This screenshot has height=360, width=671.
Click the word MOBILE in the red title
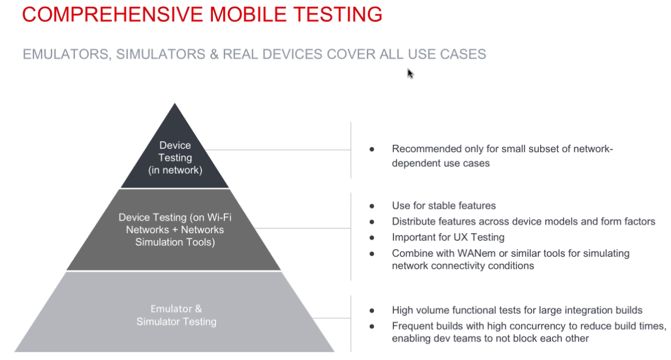click(248, 14)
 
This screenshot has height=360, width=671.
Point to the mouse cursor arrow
click(410, 74)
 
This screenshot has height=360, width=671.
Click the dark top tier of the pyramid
click(175, 154)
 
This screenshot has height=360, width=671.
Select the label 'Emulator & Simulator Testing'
click(177, 315)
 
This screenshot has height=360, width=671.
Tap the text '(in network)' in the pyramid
click(175, 170)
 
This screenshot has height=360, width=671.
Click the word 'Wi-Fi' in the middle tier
click(219, 217)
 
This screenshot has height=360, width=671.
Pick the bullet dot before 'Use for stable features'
click(372, 206)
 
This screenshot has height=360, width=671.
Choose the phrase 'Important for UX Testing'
click(448, 237)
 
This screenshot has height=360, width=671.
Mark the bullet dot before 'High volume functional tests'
click(372, 310)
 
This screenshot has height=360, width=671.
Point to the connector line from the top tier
click(278, 150)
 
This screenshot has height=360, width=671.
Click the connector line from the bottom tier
click(332, 318)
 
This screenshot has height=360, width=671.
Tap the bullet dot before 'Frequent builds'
click(372, 326)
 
